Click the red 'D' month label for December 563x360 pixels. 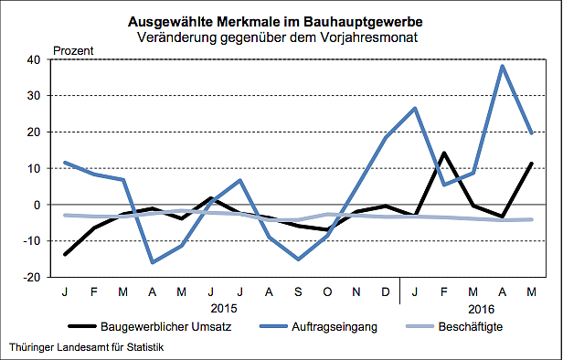pyautogui.click(x=386, y=291)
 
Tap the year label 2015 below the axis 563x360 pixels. pyautogui.click(x=224, y=308)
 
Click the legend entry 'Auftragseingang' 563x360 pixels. pyautogui.click(x=322, y=326)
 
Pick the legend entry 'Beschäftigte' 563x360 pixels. pyautogui.click(x=470, y=326)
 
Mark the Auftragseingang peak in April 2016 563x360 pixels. pyautogui.click(x=503, y=66)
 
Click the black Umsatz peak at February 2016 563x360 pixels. pyautogui.click(x=444, y=154)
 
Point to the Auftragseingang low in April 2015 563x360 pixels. pyautogui.click(x=153, y=262)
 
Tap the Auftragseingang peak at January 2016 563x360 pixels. pyautogui.click(x=415, y=109)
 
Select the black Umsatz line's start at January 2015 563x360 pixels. pyautogui.click(x=65, y=254)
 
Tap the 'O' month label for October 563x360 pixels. pyautogui.click(x=327, y=291)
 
